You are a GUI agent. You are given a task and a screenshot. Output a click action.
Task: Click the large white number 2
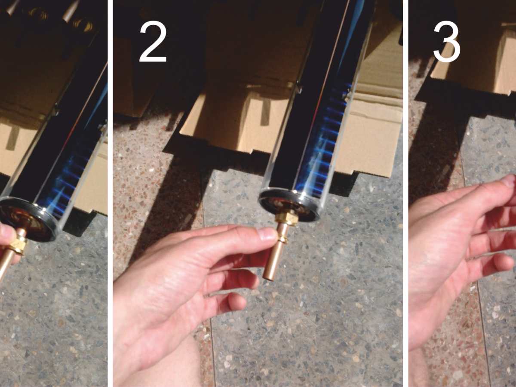click(x=153, y=42)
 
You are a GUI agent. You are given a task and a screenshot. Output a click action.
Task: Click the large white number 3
click(x=447, y=42)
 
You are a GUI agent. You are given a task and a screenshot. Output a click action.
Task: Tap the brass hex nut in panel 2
click(x=287, y=217)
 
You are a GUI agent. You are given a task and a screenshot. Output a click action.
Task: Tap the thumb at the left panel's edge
click(x=6, y=233)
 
